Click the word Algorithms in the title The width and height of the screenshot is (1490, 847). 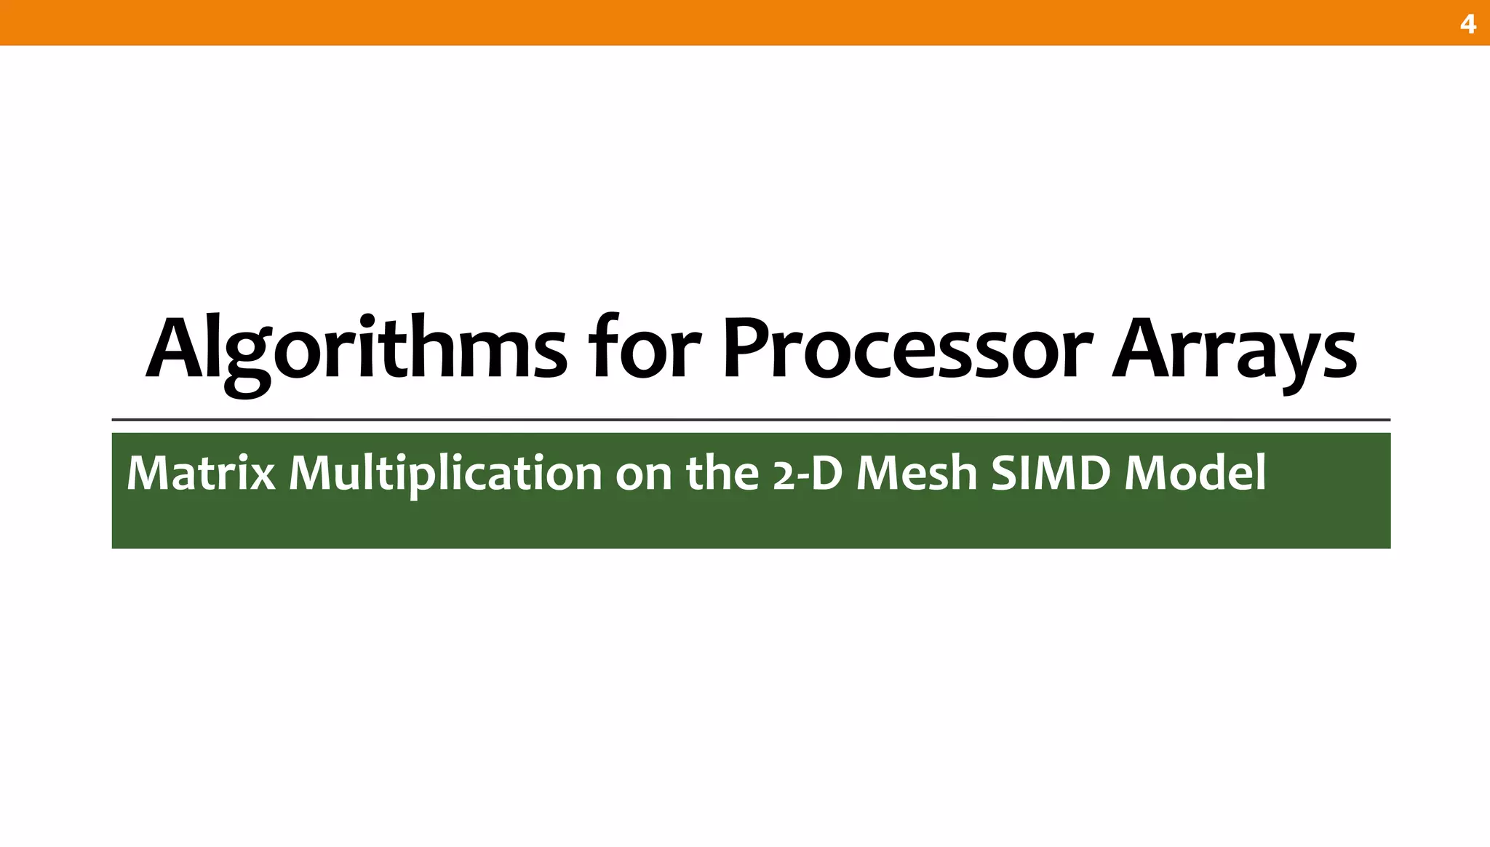click(x=356, y=349)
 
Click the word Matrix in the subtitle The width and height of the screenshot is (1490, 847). click(x=201, y=473)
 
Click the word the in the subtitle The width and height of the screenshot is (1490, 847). click(x=722, y=473)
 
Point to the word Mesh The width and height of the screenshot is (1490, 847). click(x=917, y=473)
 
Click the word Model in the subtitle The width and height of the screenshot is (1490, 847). click(x=1195, y=473)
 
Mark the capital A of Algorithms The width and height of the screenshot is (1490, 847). click(x=175, y=349)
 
